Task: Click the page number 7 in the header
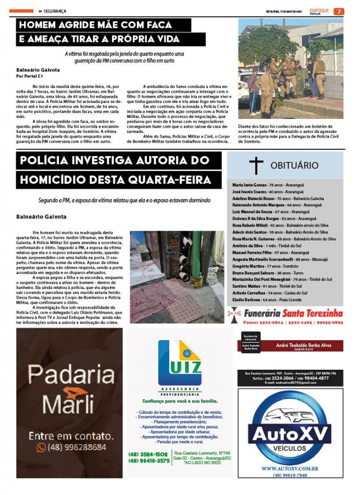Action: coord(339,11)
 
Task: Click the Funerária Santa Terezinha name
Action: coord(296,313)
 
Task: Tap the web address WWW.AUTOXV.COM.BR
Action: coord(290,468)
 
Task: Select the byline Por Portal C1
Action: coord(30,76)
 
